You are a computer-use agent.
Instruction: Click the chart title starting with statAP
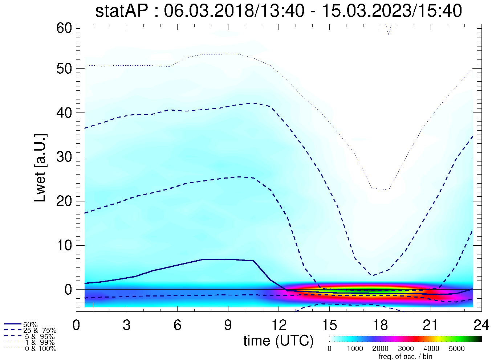(278, 11)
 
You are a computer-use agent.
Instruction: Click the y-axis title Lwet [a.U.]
(41, 168)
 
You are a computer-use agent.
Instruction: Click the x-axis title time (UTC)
(278, 341)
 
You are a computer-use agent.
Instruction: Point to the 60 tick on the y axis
(65, 28)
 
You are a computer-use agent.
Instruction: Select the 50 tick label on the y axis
(65, 69)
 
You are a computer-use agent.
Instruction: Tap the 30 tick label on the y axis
(65, 157)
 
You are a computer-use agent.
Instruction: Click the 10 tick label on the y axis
(65, 245)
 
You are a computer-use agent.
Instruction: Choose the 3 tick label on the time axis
(127, 325)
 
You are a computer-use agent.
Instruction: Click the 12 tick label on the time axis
(279, 325)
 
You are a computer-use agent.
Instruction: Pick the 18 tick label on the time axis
(380, 325)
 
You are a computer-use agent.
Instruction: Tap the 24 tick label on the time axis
(481, 325)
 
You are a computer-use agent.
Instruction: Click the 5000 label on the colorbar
(456, 349)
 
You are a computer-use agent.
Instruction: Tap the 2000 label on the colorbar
(380, 349)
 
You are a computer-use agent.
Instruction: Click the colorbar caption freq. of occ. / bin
(405, 356)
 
